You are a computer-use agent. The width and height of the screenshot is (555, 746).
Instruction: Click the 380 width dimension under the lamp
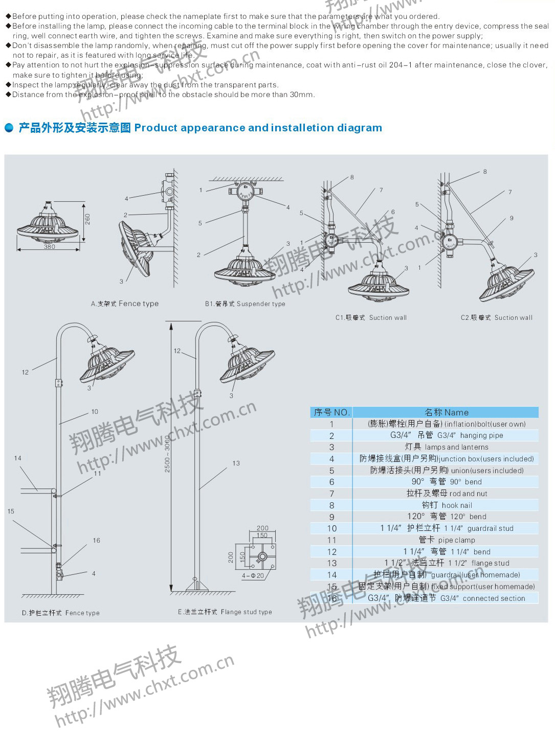[x=49, y=247]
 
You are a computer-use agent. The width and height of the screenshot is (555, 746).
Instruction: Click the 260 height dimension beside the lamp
[x=87, y=219]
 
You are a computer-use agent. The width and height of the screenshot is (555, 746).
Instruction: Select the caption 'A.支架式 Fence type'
[x=125, y=304]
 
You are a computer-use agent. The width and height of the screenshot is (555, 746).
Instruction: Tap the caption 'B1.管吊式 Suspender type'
[x=245, y=304]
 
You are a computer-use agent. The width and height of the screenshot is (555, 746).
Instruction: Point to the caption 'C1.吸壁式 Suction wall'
[x=371, y=317]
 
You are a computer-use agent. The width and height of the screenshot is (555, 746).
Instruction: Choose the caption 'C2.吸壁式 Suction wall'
[x=496, y=317]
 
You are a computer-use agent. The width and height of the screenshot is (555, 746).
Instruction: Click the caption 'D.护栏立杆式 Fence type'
[x=61, y=613]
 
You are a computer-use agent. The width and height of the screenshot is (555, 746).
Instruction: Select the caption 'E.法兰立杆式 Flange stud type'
[x=225, y=612]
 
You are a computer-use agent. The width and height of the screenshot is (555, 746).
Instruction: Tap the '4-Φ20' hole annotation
[x=253, y=576]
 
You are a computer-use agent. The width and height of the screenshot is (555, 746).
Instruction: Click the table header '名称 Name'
[x=446, y=412]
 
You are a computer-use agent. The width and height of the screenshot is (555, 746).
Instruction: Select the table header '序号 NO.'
[x=331, y=412]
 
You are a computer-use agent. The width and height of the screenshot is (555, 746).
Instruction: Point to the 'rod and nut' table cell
[x=447, y=494]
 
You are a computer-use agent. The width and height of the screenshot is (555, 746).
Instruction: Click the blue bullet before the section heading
[x=9, y=128]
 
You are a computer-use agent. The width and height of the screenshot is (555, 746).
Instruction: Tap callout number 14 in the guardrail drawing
[x=18, y=458]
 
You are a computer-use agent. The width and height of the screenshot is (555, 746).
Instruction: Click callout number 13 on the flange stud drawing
[x=236, y=463]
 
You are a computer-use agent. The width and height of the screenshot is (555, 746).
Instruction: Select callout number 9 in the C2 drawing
[x=511, y=218]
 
